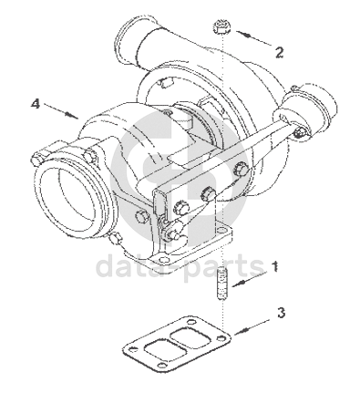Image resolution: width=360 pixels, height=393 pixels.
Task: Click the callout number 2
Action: pos(279,52)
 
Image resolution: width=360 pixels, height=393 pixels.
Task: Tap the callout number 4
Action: pos(36,104)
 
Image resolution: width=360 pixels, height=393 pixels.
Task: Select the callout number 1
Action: pos(274,266)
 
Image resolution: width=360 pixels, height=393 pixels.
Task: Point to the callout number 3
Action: pos(281,313)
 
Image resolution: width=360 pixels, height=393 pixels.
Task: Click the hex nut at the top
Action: pos(221,26)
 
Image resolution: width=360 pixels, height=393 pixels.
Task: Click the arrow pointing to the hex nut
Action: pos(254,38)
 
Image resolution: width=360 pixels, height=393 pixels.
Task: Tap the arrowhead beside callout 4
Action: pos(71,115)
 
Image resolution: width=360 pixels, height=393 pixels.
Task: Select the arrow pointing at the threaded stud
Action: pos(250,279)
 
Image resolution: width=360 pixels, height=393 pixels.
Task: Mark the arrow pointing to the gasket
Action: pos(252,327)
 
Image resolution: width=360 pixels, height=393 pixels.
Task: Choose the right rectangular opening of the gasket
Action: pos(190,336)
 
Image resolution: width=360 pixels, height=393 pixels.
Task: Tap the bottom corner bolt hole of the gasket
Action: pos(163,366)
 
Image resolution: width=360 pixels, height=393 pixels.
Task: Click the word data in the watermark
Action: pos(132,266)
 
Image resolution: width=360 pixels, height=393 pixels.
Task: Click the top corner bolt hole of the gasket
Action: pos(191,322)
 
